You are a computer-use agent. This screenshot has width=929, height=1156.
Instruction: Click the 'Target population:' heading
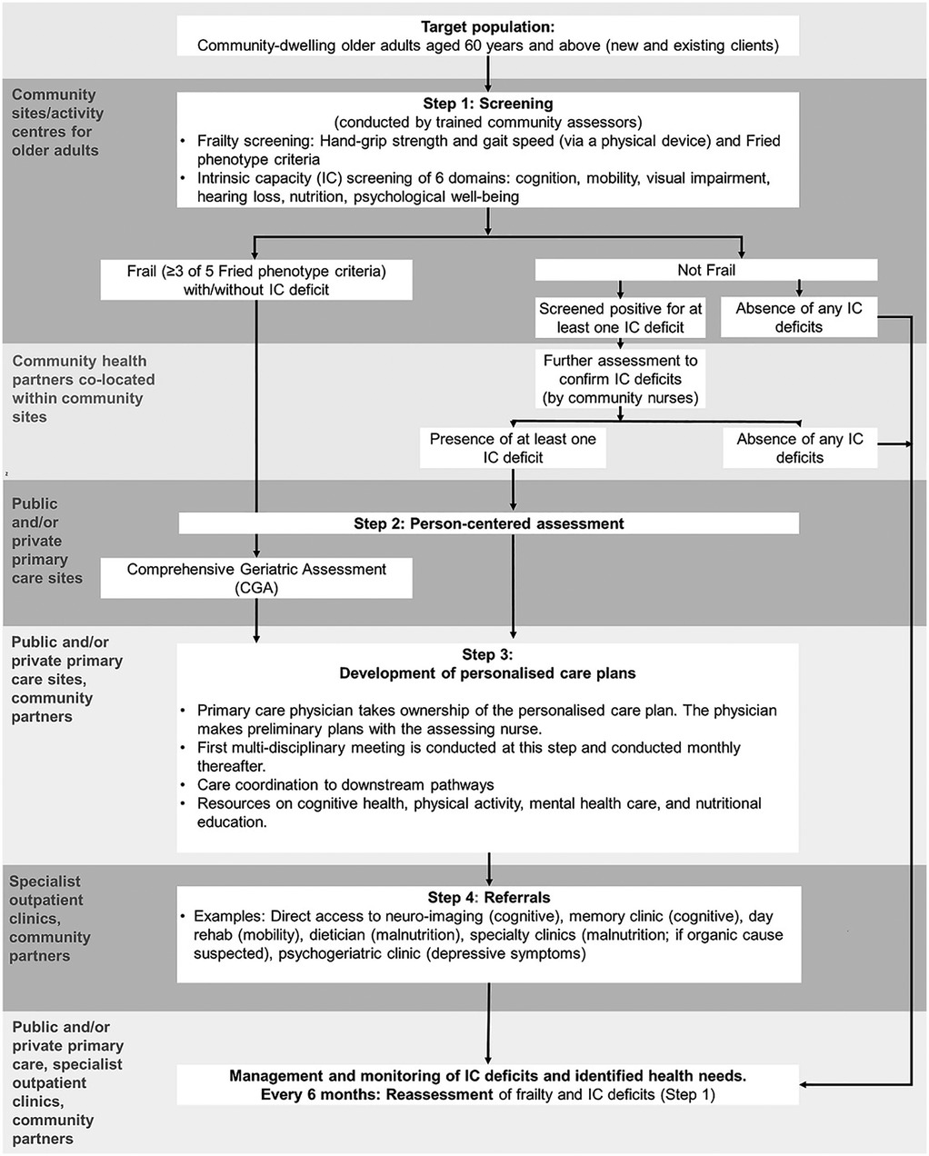(488, 28)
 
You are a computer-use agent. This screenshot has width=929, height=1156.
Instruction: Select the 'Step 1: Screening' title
(488, 104)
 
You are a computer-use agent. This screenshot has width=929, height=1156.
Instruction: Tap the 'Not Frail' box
(706, 270)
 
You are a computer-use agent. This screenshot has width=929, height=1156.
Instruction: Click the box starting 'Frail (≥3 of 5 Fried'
(256, 280)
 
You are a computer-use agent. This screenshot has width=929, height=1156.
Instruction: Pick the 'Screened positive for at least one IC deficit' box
(621, 318)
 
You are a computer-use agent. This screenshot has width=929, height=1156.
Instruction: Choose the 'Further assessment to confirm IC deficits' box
(621, 379)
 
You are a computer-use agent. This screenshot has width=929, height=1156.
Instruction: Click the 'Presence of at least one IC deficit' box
(514, 448)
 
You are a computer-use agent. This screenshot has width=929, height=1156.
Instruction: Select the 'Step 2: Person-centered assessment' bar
(488, 523)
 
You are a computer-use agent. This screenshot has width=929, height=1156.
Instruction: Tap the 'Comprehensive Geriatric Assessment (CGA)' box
(256, 578)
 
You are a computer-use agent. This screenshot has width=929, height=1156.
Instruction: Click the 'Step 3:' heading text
(488, 654)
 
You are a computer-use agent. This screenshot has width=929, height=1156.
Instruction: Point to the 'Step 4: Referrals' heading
(488, 898)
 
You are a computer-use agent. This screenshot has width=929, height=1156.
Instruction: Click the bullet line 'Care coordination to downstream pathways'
(345, 784)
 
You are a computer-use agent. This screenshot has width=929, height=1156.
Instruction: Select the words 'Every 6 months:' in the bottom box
(321, 1094)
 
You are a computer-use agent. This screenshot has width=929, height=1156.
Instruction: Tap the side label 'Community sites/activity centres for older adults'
(57, 122)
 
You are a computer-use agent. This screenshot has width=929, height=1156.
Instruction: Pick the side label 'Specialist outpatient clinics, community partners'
(50, 918)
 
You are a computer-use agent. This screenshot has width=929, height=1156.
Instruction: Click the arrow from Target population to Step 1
(489, 71)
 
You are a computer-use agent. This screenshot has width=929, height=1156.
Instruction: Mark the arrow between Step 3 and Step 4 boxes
(489, 868)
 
